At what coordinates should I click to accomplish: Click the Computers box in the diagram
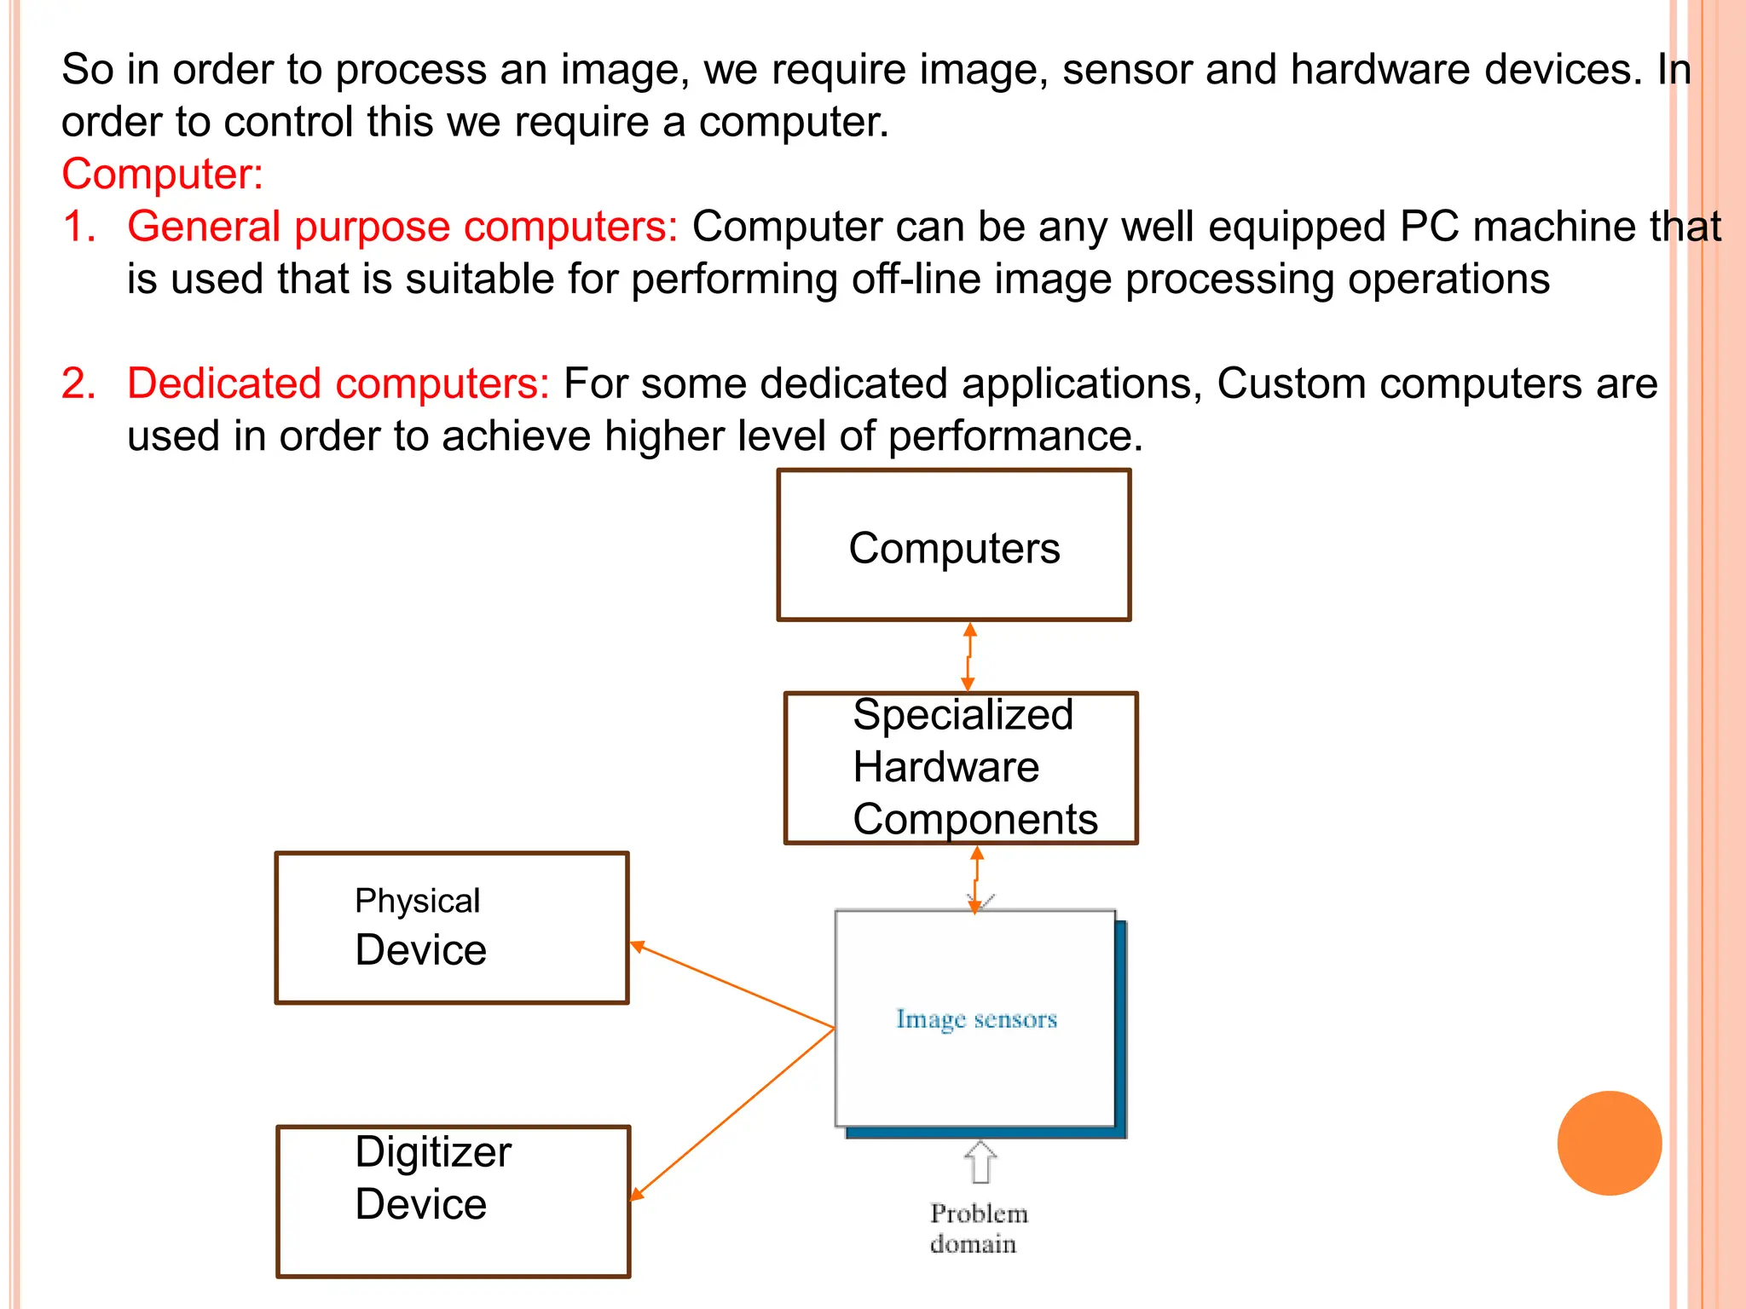954,545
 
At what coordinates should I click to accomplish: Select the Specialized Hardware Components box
961,767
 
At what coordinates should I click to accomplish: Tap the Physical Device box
452,928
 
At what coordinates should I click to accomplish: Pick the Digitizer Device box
453,1201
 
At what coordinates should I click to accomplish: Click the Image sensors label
976,1019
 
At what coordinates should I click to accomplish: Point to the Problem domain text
977,1228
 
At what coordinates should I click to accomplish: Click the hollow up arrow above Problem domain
980,1162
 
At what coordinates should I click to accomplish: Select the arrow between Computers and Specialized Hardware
968,656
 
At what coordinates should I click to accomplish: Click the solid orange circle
1609,1143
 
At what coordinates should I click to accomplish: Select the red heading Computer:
162,174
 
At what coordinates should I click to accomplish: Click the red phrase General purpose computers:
402,227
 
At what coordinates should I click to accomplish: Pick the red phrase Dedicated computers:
338,383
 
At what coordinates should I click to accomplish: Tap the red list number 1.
78,227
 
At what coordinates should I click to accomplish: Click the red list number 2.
78,383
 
